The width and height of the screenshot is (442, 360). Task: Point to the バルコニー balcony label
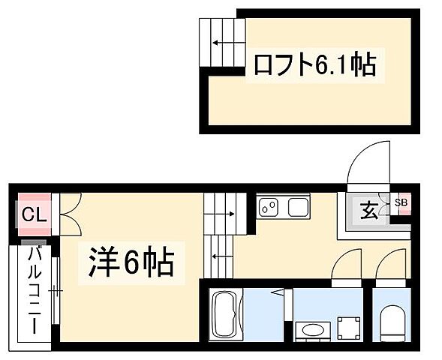(33, 289)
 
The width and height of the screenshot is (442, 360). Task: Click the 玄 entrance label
(369, 211)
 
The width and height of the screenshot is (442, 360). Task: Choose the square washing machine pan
(348, 328)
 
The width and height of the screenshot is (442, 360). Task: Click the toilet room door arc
(391, 265)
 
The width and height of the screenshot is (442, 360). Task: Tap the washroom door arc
(346, 265)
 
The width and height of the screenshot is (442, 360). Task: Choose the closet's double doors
(67, 214)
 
